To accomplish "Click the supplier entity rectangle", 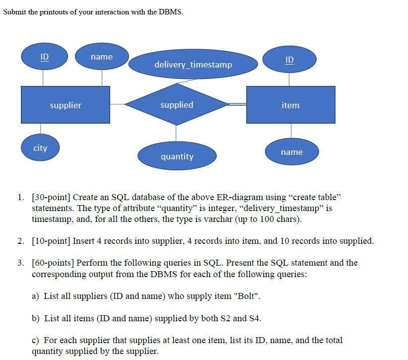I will tap(65, 105).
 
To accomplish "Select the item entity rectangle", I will tap(290, 105).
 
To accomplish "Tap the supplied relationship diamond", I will tap(177, 105).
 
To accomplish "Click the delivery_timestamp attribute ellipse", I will tap(193, 65).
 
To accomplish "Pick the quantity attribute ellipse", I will tap(177, 156).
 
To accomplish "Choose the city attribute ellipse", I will tap(40, 148).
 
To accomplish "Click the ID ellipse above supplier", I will tap(44, 57).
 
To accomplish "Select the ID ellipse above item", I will tap(289, 60).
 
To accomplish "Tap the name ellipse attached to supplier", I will tap(102, 57).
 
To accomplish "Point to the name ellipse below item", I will tap(291, 152).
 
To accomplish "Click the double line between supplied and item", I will tap(237, 104).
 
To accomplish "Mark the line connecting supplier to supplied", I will tap(117, 104).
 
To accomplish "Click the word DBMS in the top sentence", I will tap(170, 12).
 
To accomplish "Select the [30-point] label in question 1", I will tap(51, 197).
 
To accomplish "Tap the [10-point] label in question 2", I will tap(51, 241).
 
